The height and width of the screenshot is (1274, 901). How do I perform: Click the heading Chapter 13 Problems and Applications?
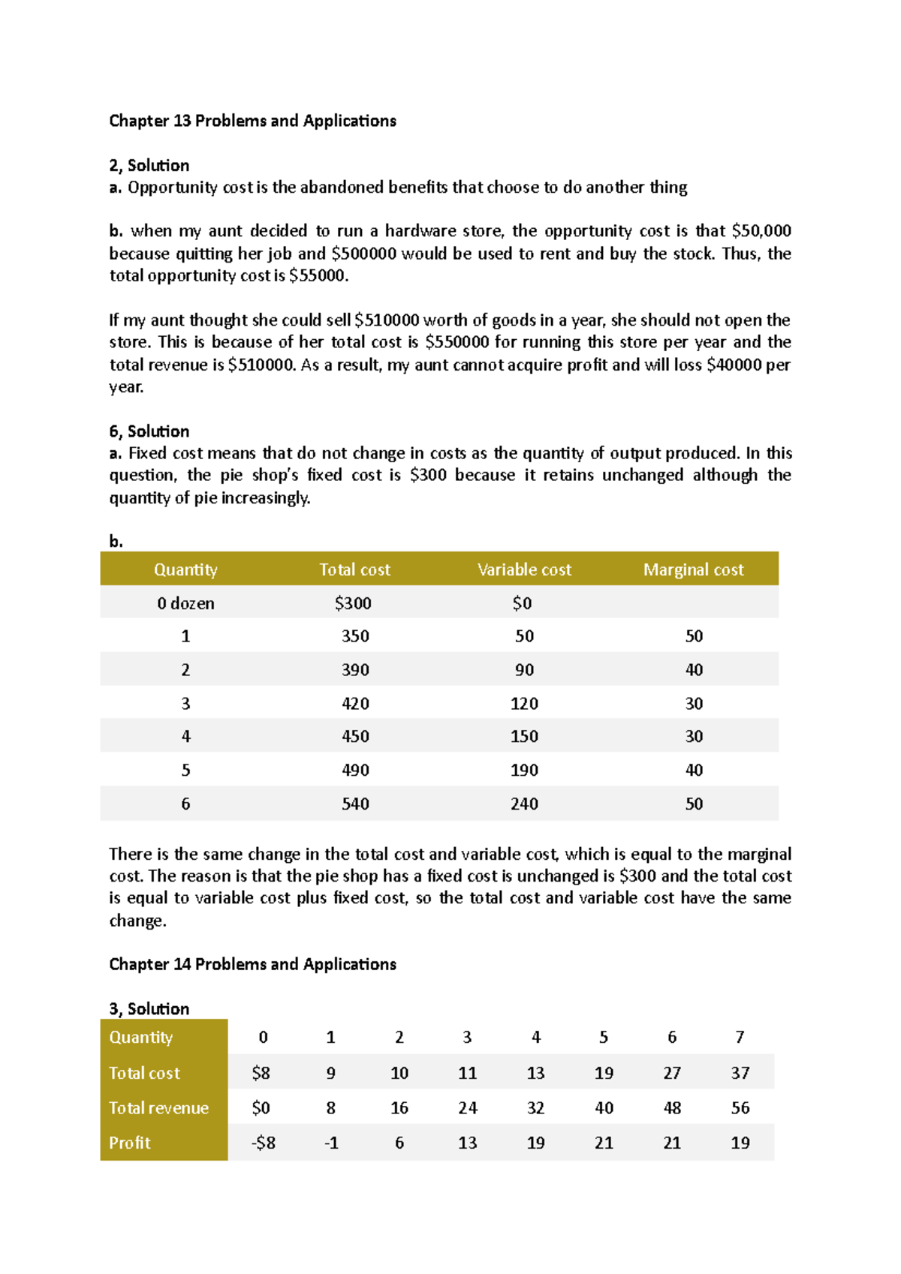click(252, 121)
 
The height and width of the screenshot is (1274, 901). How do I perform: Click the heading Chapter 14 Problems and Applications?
click(252, 964)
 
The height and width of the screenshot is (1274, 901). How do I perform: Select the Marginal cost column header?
click(693, 569)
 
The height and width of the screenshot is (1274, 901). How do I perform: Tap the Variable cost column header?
click(524, 569)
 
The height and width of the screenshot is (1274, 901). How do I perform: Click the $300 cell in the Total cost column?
click(354, 603)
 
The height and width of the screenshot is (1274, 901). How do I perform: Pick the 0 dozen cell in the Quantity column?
click(185, 603)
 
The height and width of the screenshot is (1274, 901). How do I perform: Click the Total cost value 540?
click(355, 804)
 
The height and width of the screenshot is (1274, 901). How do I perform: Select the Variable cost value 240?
click(524, 804)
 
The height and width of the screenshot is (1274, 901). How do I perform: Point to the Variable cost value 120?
click(524, 704)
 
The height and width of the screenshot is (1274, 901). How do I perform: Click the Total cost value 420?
click(355, 704)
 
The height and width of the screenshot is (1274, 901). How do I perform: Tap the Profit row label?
click(130, 1143)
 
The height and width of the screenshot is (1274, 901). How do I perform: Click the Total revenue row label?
click(158, 1108)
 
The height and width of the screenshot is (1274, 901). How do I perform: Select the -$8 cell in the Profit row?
click(263, 1143)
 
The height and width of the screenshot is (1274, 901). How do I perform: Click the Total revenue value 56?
click(740, 1108)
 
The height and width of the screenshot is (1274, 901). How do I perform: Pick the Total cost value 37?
click(740, 1073)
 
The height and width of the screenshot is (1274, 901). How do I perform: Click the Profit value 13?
click(467, 1143)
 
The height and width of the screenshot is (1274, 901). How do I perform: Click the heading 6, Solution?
click(149, 431)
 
